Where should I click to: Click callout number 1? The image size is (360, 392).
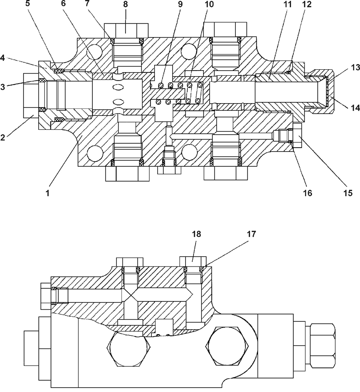pyautogui.click(x=48, y=193)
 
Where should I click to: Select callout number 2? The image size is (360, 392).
pyautogui.click(x=3, y=137)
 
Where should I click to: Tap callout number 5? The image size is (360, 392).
pyautogui.click(x=27, y=4)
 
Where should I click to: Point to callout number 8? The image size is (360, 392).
pyautogui.click(x=126, y=4)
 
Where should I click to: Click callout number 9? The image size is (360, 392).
pyautogui.click(x=180, y=4)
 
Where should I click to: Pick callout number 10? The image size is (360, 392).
pyautogui.click(x=209, y=4)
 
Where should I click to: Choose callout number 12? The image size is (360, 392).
pyautogui.click(x=307, y=4)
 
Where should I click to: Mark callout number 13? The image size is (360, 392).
pyautogui.click(x=355, y=68)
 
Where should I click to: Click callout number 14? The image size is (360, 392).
pyautogui.click(x=355, y=108)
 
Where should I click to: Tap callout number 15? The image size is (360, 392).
pyautogui.click(x=348, y=193)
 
